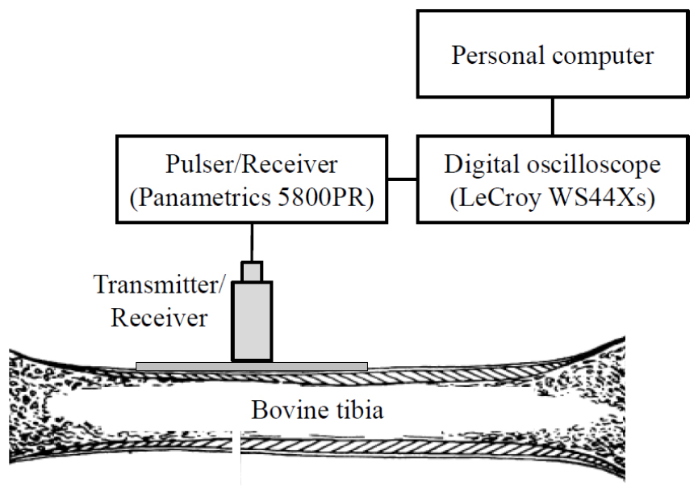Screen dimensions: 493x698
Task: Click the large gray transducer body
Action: click(253, 320)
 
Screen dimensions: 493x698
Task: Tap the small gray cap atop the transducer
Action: click(253, 272)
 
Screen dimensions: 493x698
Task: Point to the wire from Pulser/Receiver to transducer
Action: click(253, 242)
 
